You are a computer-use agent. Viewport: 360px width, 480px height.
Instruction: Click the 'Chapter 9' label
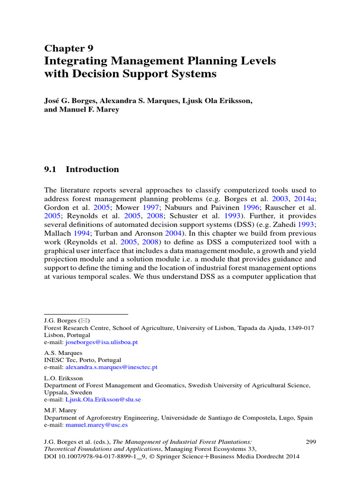pos(68,48)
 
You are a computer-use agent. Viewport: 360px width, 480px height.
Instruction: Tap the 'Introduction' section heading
pos(92,170)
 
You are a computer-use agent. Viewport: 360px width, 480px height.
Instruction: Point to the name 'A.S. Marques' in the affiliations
pos(63,352)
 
